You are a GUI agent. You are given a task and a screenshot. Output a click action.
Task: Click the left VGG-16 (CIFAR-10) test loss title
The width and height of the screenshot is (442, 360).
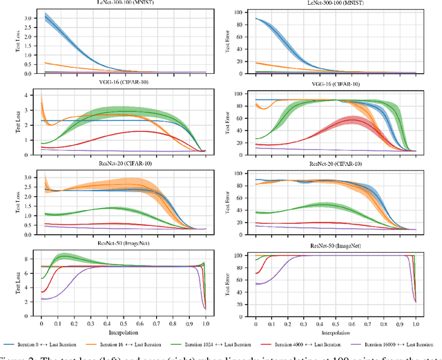(125, 82)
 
